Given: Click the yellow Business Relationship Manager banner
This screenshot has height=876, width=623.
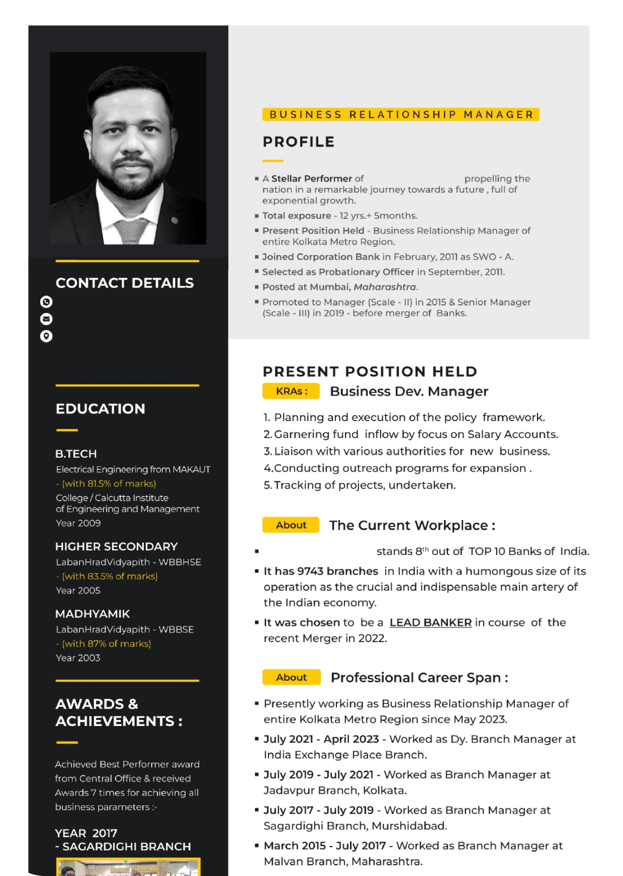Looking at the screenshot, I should [401, 114].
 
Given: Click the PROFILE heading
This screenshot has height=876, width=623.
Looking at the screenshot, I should [298, 141].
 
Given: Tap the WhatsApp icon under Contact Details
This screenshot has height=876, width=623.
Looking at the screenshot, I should [46, 302].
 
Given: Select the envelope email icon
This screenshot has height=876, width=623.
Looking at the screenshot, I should [46, 319].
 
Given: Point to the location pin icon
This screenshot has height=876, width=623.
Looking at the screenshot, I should [46, 336].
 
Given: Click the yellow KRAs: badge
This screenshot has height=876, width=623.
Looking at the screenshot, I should [291, 391].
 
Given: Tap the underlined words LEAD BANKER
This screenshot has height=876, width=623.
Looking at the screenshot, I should [430, 622].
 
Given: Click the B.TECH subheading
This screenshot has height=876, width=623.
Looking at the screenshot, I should [76, 454].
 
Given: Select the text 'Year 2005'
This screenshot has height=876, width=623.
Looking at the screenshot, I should [78, 590].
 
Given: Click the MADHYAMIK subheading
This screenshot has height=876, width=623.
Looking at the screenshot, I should [92, 614].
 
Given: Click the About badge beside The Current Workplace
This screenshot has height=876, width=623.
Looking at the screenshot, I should [291, 525].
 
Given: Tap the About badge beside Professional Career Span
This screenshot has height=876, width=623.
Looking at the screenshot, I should [291, 677].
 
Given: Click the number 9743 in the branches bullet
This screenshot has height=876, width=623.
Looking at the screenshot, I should [310, 571].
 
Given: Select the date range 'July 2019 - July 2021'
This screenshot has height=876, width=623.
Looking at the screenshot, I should [318, 775].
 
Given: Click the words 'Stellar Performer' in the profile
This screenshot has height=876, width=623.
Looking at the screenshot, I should [311, 179].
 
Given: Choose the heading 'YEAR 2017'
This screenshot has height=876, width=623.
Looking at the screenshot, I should [86, 833].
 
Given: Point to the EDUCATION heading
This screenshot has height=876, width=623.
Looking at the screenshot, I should [100, 409].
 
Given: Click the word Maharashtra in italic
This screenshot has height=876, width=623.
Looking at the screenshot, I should [385, 287].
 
